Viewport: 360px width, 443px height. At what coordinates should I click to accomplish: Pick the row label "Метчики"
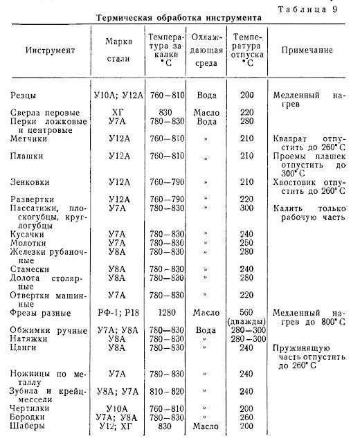[33, 138]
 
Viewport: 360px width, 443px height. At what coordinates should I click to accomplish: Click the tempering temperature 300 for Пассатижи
[247, 207]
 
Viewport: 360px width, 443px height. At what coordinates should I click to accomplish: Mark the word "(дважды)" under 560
[247, 321]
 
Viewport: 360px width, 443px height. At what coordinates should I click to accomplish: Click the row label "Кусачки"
[32, 234]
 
